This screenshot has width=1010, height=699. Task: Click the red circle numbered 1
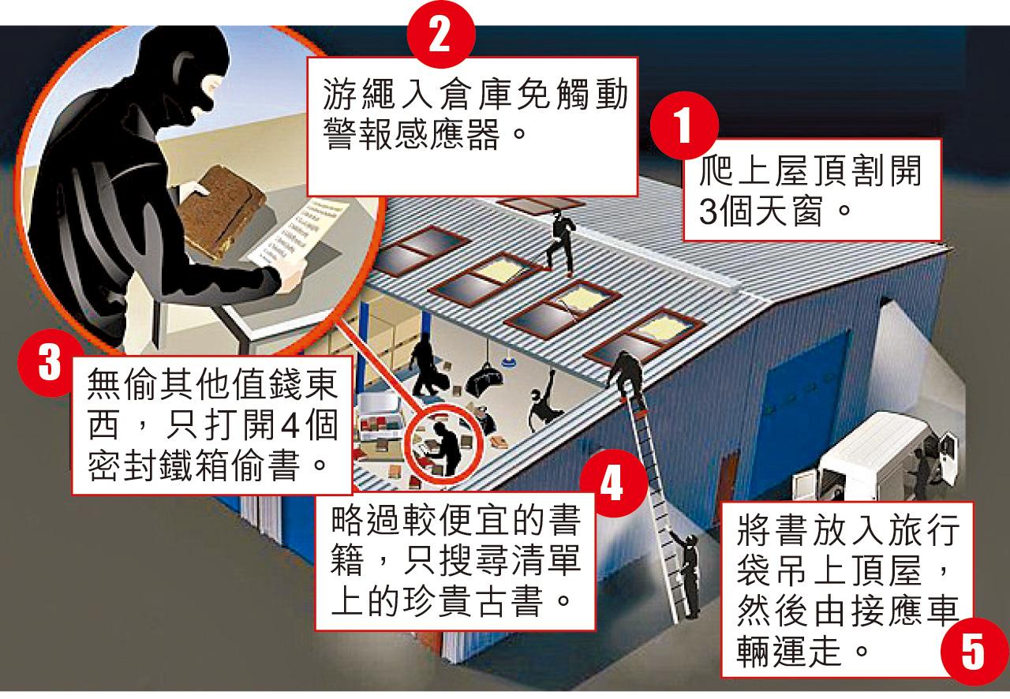(x=684, y=125)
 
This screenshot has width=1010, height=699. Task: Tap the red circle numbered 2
(x=440, y=35)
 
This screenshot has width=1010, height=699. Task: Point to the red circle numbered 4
(x=613, y=484)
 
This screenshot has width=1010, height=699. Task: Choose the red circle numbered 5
(x=974, y=652)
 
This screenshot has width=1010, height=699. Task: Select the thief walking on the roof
(x=561, y=242)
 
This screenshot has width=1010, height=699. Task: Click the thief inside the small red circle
(x=444, y=449)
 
